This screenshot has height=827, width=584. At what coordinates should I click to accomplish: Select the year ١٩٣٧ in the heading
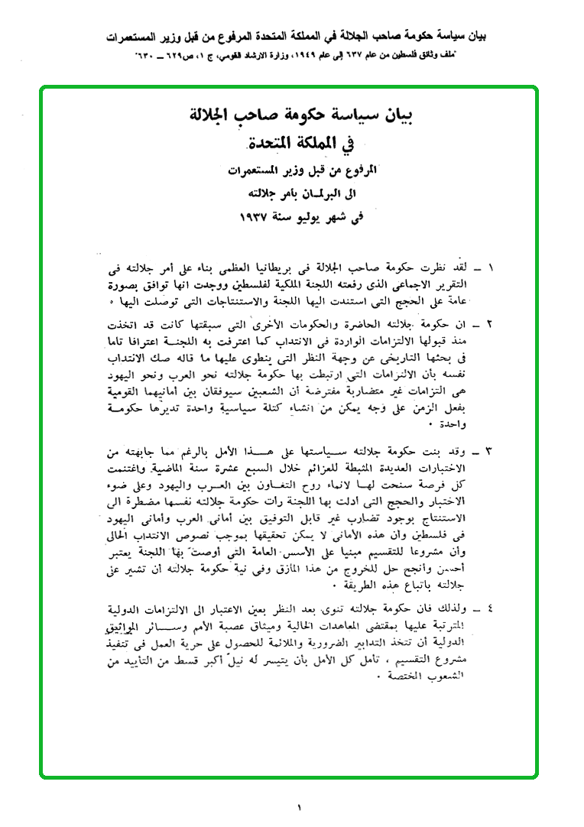coord(259,216)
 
